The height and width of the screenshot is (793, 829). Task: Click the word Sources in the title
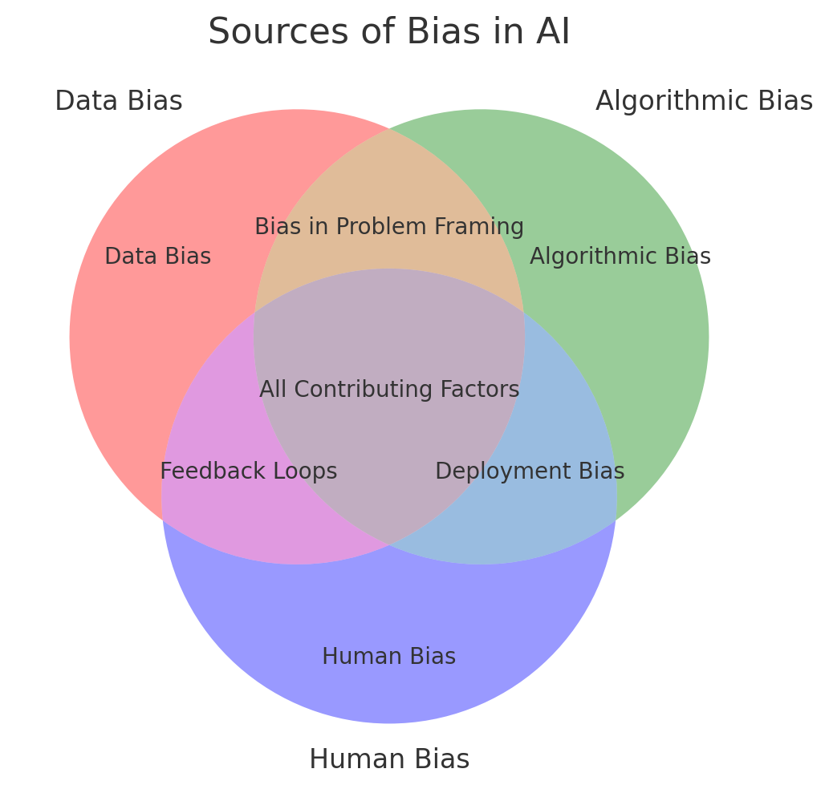pos(262,33)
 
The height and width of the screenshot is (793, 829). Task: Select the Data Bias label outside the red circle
pos(119,102)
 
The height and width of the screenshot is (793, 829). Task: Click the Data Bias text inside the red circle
pos(157,257)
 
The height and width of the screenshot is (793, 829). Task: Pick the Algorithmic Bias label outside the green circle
pos(704,102)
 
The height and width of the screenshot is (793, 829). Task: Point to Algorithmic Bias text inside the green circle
pos(620,257)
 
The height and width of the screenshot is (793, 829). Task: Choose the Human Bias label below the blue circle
pos(389,759)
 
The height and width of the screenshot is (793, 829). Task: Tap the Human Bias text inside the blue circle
pos(389,657)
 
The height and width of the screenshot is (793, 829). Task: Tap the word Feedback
pos(210,471)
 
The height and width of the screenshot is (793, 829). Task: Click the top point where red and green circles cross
pos(389,128)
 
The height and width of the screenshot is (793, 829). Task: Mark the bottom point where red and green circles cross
pos(389,545)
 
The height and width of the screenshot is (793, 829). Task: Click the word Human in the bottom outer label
pos(350,759)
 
